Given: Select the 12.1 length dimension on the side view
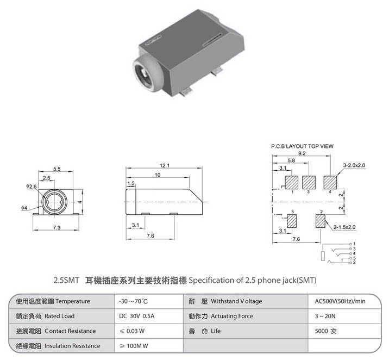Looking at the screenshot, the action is click(165, 165).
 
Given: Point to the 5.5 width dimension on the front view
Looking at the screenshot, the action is click(57, 169).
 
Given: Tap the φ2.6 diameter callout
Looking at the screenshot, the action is click(32, 186).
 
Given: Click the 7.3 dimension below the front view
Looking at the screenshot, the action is click(57, 227).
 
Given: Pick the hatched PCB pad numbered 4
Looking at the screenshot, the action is click(330, 183).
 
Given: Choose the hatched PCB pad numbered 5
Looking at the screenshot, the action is click(292, 221).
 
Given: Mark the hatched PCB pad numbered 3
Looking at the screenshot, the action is click(309, 183).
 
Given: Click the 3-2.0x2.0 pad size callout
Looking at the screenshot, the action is click(354, 165).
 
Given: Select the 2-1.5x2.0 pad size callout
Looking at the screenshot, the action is click(344, 227).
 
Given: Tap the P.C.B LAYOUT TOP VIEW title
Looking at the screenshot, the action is click(302, 146).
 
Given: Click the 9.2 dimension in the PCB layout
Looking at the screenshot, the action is click(302, 153).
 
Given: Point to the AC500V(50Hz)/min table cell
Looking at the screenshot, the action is click(340, 301).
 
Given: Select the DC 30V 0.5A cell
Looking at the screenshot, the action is click(137, 316).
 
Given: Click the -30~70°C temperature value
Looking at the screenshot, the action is click(134, 301).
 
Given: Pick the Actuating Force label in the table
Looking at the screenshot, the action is click(232, 316).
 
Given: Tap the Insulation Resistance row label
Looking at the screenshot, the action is click(72, 346).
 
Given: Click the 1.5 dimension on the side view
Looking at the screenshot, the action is click(131, 183).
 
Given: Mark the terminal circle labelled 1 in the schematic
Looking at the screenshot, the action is click(350, 244).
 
